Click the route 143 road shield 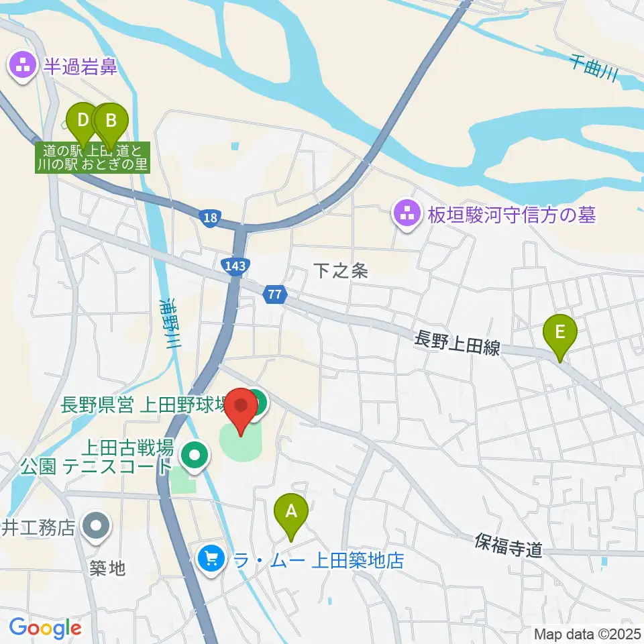click(x=235, y=266)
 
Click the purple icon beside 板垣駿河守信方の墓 click(x=406, y=215)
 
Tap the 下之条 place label click(x=341, y=271)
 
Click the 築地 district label click(x=107, y=569)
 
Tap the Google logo click(x=46, y=628)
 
